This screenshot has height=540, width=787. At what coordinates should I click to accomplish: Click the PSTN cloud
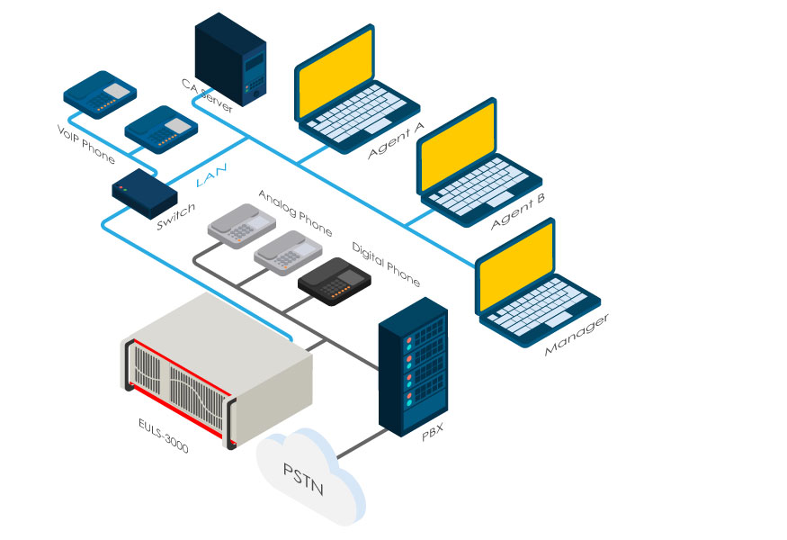(310, 472)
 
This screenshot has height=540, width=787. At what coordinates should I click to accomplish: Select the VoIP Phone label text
(86, 143)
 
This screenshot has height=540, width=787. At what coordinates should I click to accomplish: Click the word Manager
(577, 334)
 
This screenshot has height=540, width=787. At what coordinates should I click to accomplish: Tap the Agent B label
(518, 212)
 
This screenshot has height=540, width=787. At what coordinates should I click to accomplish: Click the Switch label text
(175, 217)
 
